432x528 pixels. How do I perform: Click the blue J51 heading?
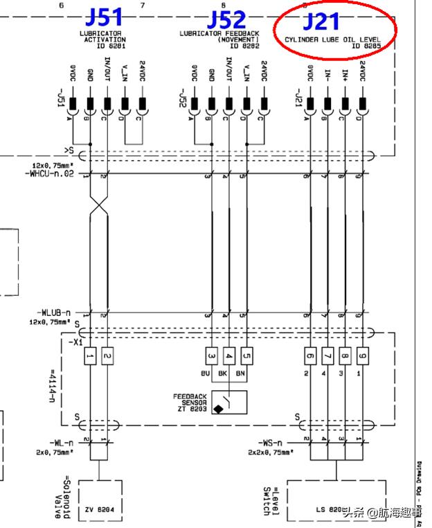tap(104, 17)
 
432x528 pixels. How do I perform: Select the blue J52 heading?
tap(227, 19)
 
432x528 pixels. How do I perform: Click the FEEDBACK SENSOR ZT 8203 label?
tap(190, 401)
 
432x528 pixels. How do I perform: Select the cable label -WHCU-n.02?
tap(49, 173)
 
